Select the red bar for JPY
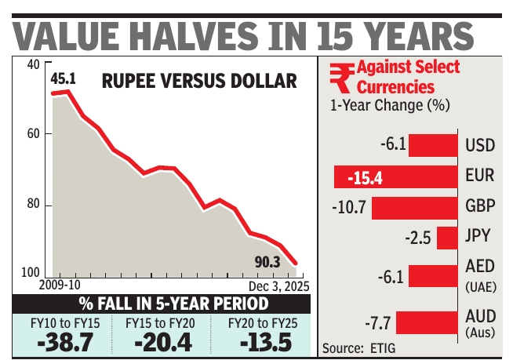coord(446,238)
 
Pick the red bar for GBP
coord(413,208)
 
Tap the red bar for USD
coord(431,145)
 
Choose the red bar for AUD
coord(426,322)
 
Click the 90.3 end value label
coord(264,260)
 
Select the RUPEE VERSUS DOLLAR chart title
coord(198,82)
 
